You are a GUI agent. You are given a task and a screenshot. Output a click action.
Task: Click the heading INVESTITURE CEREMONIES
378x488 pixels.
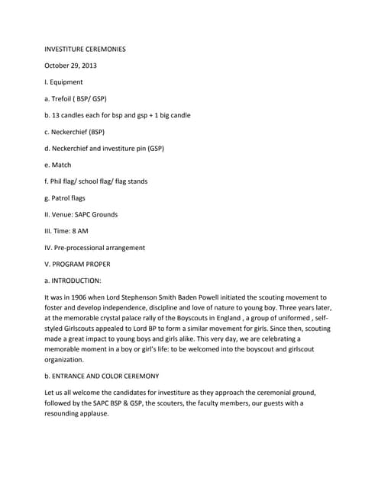[85, 49]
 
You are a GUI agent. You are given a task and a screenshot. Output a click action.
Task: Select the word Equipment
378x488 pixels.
[67, 82]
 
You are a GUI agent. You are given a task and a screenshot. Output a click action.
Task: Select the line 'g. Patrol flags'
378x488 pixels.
[64, 198]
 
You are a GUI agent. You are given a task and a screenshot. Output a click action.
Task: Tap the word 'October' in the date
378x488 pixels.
[60, 66]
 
